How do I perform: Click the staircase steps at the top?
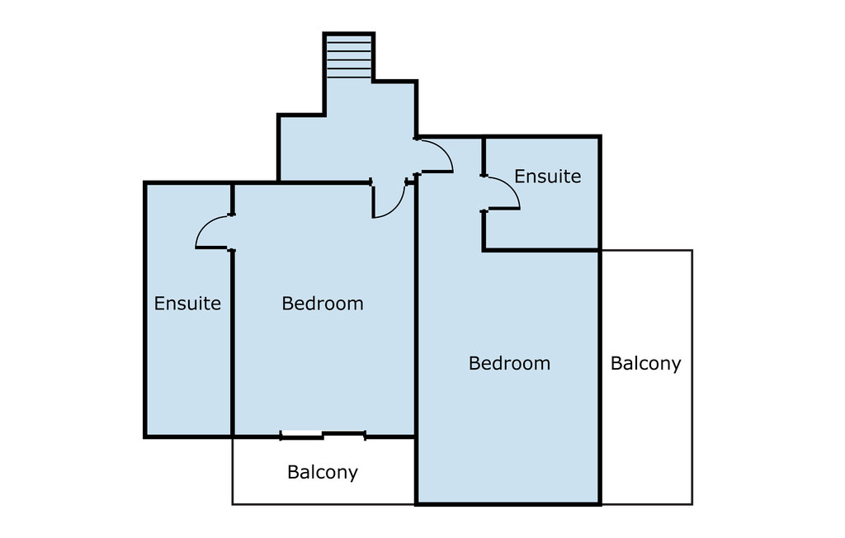(x=349, y=57)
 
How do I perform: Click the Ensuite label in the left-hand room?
(x=187, y=304)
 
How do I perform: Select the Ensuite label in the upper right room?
(x=548, y=177)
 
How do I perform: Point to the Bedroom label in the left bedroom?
(x=323, y=304)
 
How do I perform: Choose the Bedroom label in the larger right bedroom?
(x=509, y=363)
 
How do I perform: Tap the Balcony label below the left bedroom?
(x=323, y=472)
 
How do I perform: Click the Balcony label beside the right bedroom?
(x=645, y=363)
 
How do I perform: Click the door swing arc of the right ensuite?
(x=511, y=185)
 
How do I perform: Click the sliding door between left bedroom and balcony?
(x=323, y=435)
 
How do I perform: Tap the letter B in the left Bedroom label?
(x=287, y=304)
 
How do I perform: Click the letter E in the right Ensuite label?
(x=520, y=177)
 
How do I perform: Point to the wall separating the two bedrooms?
(x=416, y=340)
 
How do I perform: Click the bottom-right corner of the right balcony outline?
(x=692, y=504)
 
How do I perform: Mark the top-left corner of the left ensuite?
(x=145, y=183)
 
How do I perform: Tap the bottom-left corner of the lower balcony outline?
(x=232, y=504)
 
